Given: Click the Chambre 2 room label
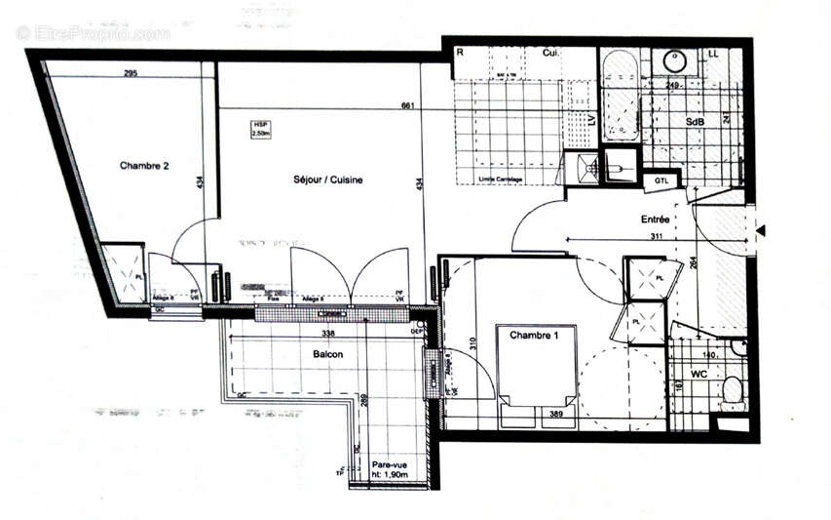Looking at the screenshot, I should [x=144, y=166].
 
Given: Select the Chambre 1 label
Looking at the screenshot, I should [x=534, y=336].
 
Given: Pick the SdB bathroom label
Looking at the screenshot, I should [x=696, y=122].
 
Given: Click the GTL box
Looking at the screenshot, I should [x=661, y=180].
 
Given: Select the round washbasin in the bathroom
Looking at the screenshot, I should [x=676, y=61].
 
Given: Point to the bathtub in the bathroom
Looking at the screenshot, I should [x=620, y=98].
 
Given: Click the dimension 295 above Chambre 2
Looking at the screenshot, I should [x=131, y=74].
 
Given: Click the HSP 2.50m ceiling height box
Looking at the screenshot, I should [x=261, y=129].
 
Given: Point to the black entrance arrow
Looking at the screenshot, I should [x=763, y=230].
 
